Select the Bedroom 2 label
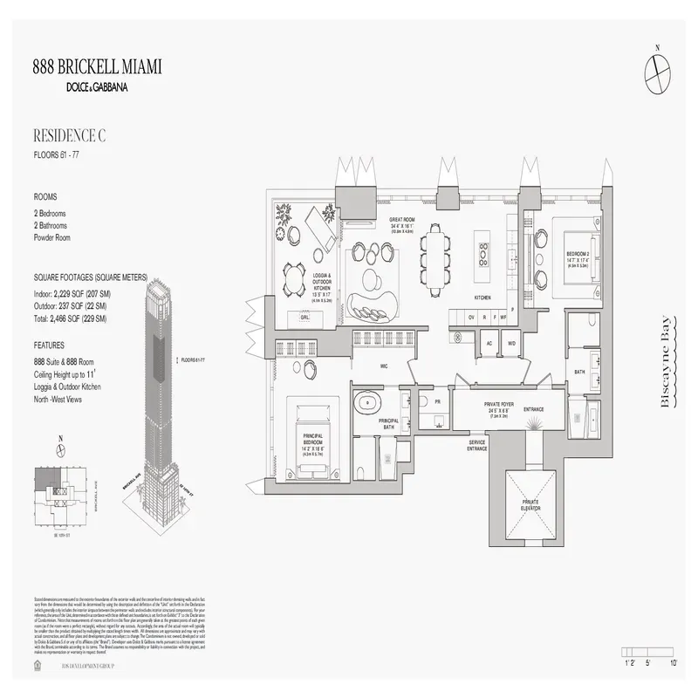click(576, 254)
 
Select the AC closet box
click(489, 343)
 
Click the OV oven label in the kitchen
click(471, 318)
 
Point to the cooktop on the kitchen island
click(482, 252)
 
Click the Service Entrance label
click(477, 444)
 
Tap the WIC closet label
click(382, 366)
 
